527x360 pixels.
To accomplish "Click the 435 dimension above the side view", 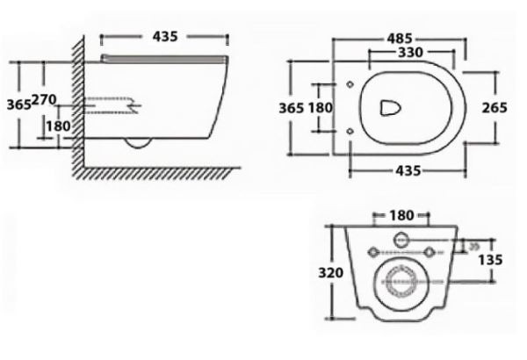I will point(164,36).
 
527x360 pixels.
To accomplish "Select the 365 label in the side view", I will point(18,104).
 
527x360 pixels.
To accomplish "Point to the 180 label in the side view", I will point(58,126).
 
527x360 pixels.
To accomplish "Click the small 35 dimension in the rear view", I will point(473,247).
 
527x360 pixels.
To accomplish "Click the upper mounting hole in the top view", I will point(350,85).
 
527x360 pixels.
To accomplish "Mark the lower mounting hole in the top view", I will point(350,131).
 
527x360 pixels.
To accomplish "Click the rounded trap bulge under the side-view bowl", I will point(138,143).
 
